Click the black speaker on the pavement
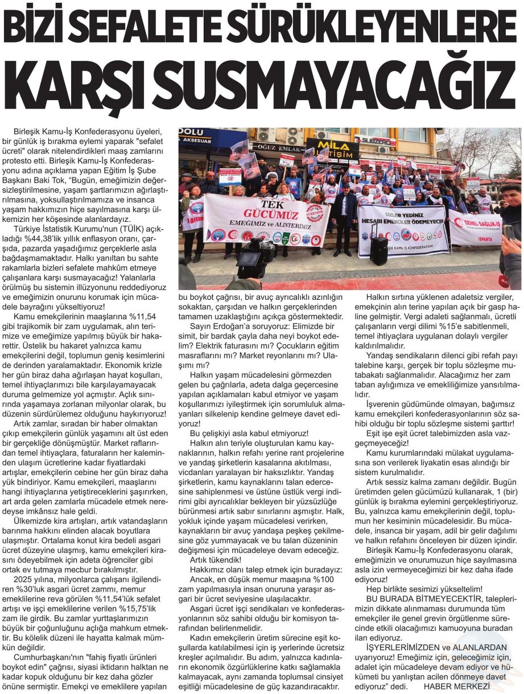378,250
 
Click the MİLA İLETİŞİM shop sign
333,150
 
